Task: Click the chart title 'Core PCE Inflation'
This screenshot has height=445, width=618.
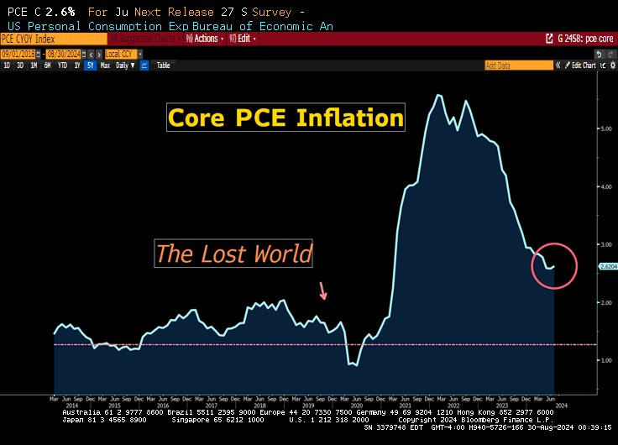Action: click(285, 118)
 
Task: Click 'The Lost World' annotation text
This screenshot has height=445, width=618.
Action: click(233, 254)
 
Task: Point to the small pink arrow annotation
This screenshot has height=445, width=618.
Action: click(323, 291)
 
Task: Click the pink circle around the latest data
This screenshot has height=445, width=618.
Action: click(554, 266)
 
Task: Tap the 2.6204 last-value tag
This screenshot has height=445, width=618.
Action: click(609, 266)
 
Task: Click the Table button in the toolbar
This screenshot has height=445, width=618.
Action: click(163, 65)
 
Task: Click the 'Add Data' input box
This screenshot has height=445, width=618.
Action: click(508, 65)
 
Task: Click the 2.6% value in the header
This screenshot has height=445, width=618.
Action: click(61, 12)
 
